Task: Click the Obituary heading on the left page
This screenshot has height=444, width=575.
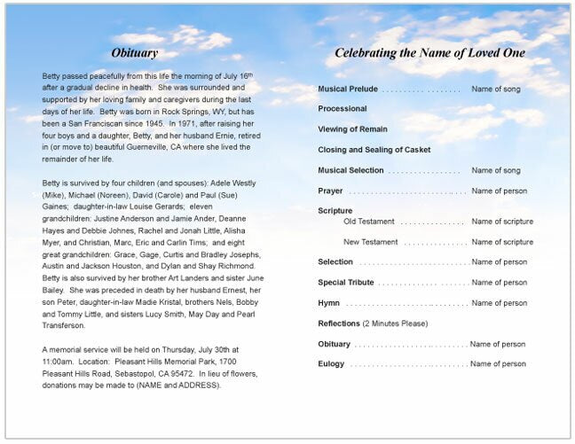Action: (x=135, y=53)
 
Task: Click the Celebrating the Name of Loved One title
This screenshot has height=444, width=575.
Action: (x=429, y=53)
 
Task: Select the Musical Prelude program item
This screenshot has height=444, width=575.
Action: (x=348, y=90)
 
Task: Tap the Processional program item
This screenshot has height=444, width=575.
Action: (x=343, y=109)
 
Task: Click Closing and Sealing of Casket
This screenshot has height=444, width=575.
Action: (x=374, y=150)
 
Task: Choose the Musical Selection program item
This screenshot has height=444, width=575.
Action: (x=351, y=170)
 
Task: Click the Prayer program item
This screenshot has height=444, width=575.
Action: (x=330, y=191)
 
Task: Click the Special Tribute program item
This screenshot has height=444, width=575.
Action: (x=346, y=283)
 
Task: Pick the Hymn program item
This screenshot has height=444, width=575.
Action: (x=328, y=303)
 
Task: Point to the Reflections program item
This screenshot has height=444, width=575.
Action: (x=339, y=323)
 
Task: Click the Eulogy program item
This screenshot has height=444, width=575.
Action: (x=332, y=364)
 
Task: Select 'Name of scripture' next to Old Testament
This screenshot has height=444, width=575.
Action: (x=502, y=222)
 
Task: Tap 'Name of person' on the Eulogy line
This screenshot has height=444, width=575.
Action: (x=498, y=364)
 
